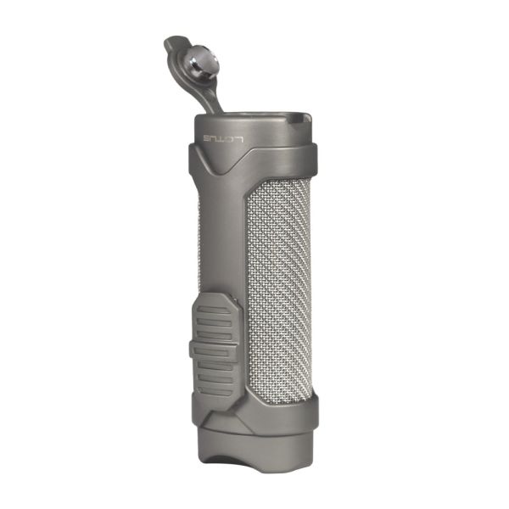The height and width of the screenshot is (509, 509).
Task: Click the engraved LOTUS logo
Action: [222, 139]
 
